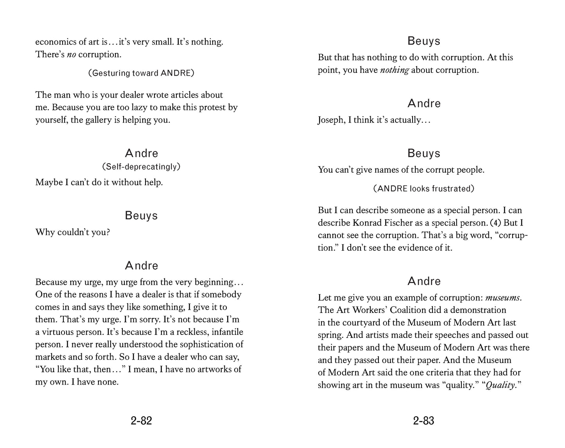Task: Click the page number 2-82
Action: point(141,421)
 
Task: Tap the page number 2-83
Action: point(423,421)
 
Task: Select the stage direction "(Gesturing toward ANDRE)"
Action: point(141,73)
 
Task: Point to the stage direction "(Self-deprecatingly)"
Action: point(141,167)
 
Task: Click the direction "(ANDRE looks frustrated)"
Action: point(424,189)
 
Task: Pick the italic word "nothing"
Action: point(394,70)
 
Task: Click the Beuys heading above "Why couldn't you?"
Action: point(141,216)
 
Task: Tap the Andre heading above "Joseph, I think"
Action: point(424,103)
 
